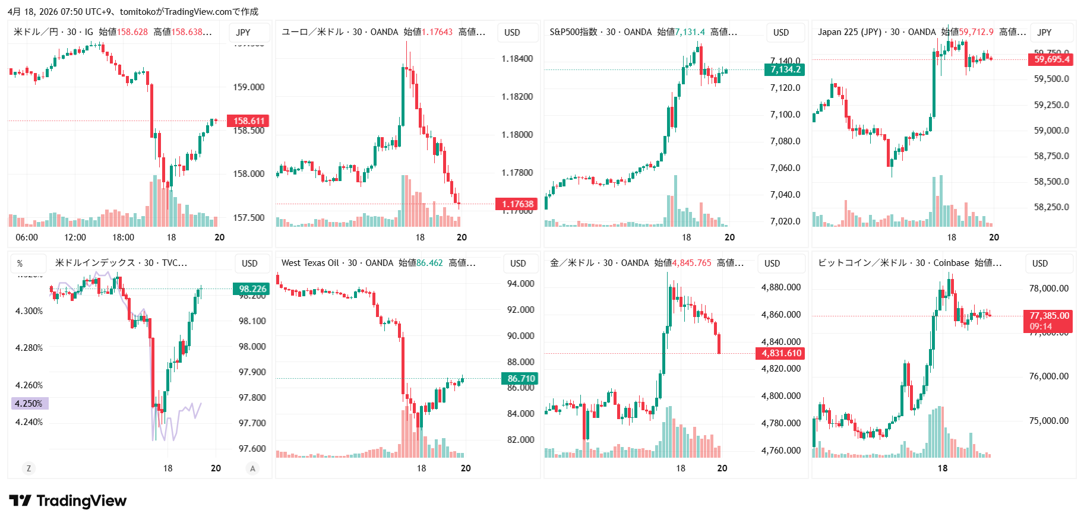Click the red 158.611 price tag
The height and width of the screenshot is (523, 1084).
point(248,121)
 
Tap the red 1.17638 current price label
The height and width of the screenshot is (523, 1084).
point(517,204)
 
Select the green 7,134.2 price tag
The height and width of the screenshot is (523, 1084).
point(785,69)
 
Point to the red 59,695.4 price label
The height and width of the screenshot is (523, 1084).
point(1051,59)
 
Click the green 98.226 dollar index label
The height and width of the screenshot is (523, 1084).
point(252,289)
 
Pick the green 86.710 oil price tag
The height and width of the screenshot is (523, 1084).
point(520,379)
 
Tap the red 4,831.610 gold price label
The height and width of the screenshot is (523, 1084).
point(780,353)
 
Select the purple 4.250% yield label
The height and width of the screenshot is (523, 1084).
point(29,404)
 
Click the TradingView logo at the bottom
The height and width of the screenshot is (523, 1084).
point(68,501)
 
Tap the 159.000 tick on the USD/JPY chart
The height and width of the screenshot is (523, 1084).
point(248,87)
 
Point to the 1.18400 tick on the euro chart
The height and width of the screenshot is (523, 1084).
point(517,59)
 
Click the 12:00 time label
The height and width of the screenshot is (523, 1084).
point(75,237)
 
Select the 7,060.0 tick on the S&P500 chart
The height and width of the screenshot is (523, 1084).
point(785,168)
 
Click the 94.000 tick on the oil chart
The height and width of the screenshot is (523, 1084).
point(520,284)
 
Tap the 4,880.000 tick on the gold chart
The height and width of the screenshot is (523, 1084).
point(780,287)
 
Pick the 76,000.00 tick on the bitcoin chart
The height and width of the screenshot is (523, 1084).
point(1048,376)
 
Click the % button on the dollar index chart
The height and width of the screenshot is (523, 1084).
point(20,264)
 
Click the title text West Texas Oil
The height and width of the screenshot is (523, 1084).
point(308,263)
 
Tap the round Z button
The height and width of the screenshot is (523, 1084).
point(29,468)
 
